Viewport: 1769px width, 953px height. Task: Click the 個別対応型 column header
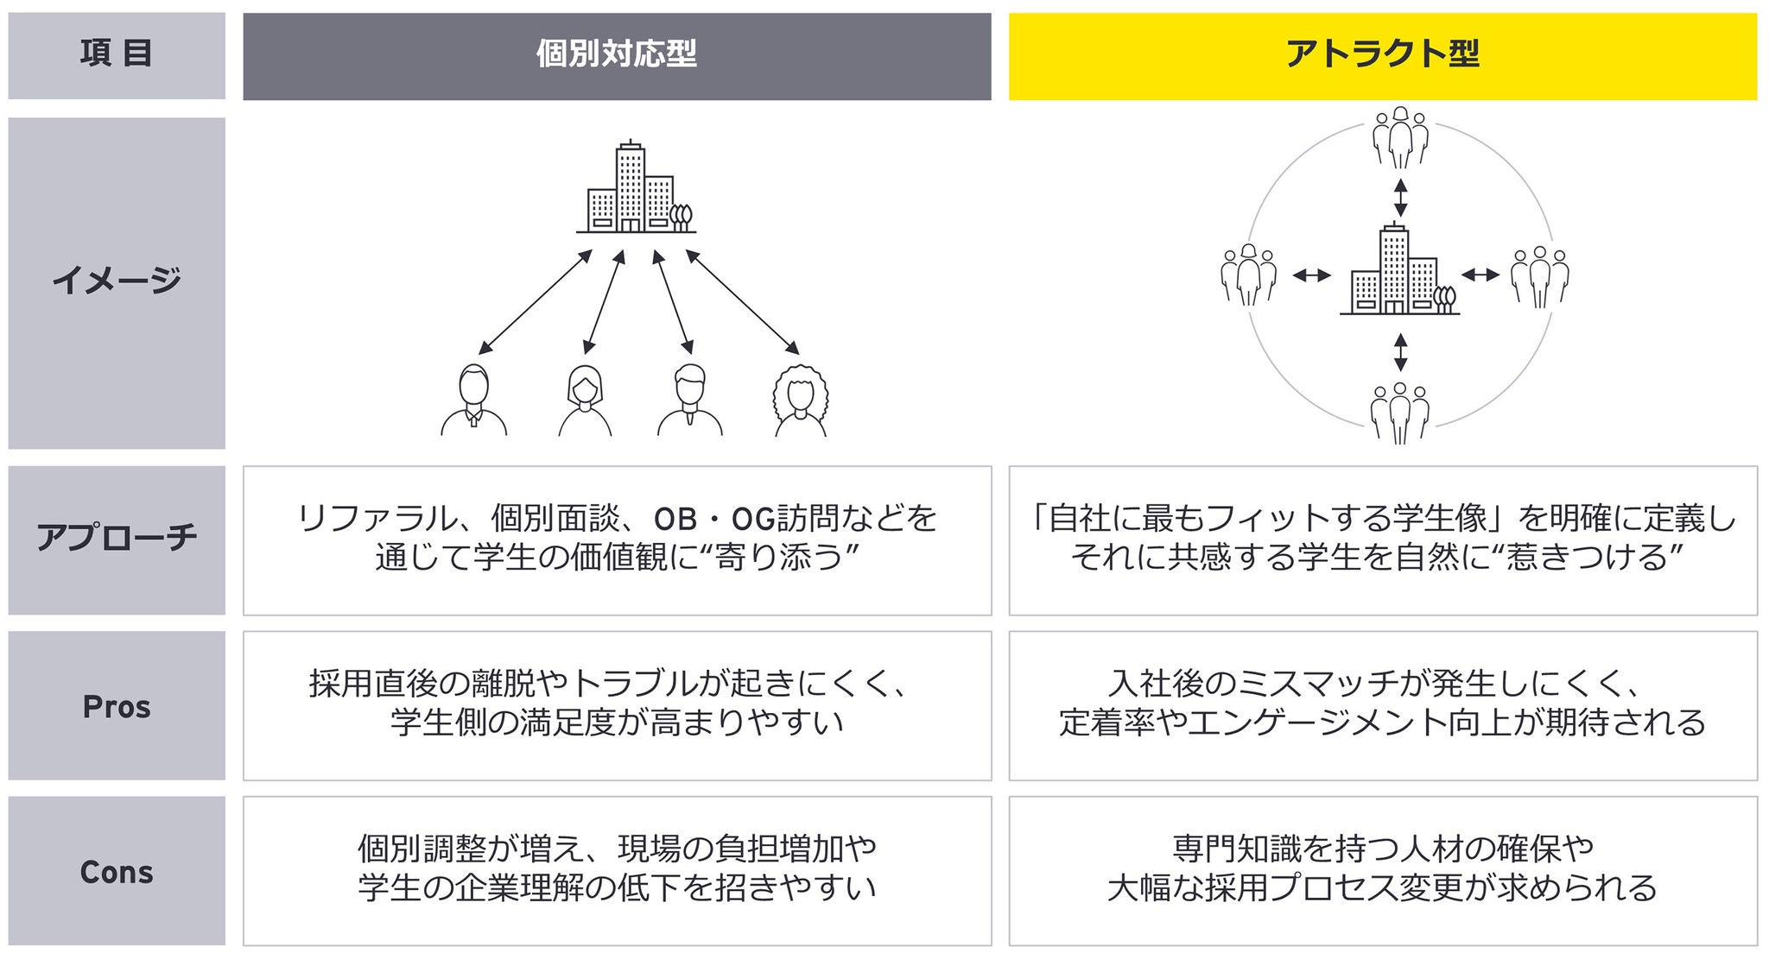[616, 55]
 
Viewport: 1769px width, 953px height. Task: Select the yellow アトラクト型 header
[1382, 55]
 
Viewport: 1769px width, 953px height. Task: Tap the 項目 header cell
[117, 55]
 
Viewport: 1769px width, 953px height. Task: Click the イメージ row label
[117, 281]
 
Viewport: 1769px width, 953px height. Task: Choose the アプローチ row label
[117, 539]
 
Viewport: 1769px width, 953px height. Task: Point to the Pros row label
[117, 706]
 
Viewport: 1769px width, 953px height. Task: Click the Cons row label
[117, 871]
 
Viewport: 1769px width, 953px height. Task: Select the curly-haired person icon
[800, 401]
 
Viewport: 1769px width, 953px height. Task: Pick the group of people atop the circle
[1399, 138]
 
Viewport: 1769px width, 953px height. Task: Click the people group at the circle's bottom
[1399, 413]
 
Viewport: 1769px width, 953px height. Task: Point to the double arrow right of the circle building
[1481, 275]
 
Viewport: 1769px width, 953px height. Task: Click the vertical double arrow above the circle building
[1400, 198]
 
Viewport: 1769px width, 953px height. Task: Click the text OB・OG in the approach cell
[713, 519]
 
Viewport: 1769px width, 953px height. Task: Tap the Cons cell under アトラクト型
[1382, 870]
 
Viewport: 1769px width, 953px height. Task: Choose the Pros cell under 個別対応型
[616, 705]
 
